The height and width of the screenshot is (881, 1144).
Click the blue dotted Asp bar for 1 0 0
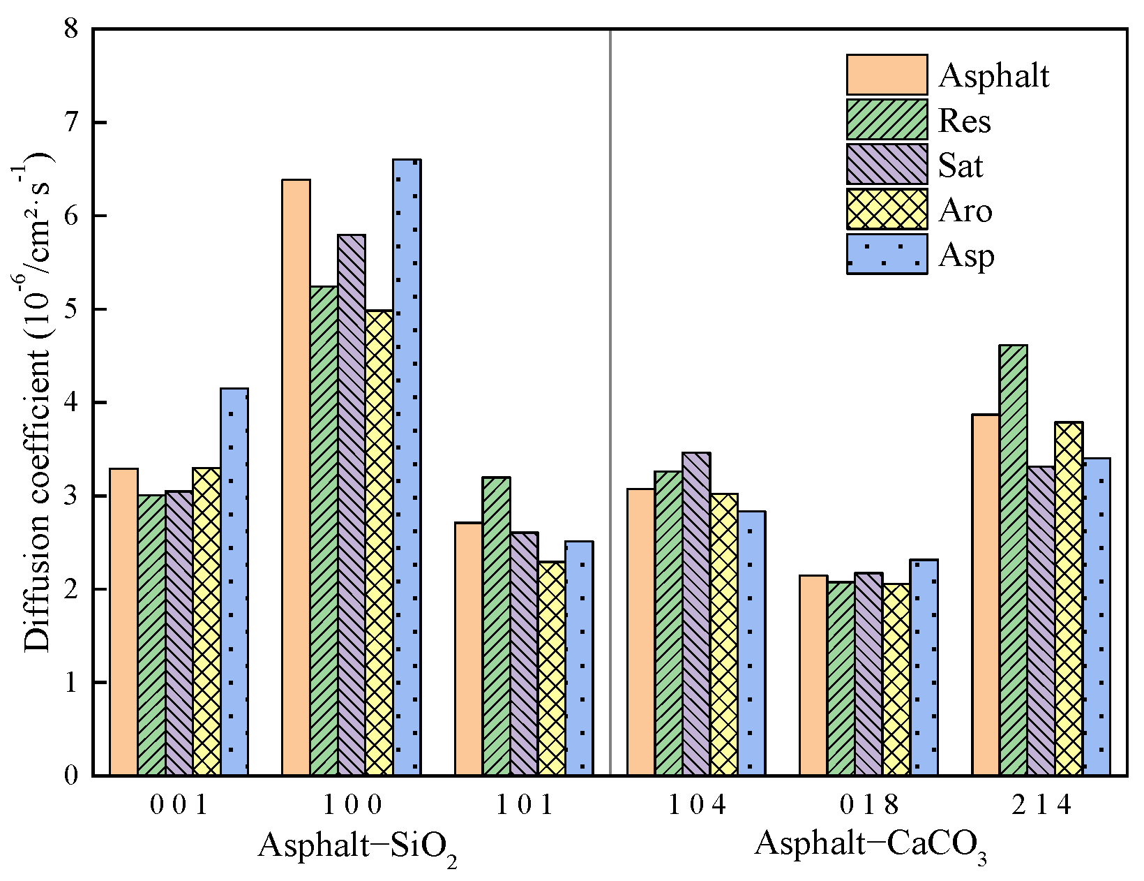(407, 468)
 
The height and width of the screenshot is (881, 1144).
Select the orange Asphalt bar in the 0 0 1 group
(124, 621)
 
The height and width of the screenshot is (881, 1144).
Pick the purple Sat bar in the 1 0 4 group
(696, 614)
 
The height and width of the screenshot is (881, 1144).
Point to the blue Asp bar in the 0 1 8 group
(924, 667)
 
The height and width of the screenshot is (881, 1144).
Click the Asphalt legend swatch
(887, 75)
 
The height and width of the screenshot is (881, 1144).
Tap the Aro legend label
(965, 210)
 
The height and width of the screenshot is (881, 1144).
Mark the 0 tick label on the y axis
(73, 776)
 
